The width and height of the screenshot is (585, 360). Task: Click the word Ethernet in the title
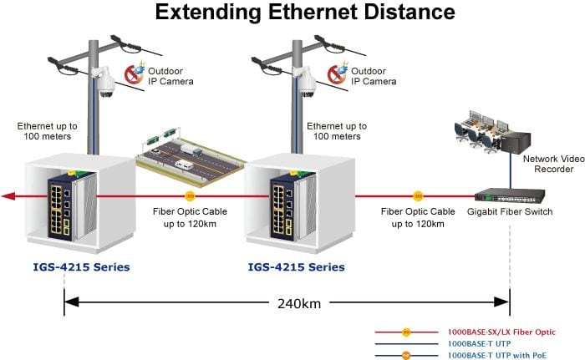(x=312, y=12)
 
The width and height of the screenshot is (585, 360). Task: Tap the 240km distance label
(x=299, y=304)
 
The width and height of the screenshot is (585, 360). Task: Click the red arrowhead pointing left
(x=8, y=196)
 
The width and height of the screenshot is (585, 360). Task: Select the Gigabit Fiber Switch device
(x=510, y=195)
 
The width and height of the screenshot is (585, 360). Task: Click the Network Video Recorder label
(x=553, y=164)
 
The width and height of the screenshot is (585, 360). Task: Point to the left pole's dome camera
(x=105, y=84)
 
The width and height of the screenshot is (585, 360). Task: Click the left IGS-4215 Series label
(x=81, y=267)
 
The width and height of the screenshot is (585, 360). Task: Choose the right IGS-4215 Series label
(x=296, y=267)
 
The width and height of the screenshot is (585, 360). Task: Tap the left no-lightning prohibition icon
(x=135, y=74)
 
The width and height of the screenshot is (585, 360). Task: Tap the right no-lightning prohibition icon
(x=338, y=74)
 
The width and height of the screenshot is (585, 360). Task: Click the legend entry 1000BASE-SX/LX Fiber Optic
(x=501, y=332)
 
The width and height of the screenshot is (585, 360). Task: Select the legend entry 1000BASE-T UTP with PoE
(x=497, y=356)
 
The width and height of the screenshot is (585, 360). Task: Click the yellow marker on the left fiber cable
(x=190, y=195)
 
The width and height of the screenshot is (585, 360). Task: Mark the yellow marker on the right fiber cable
(x=418, y=195)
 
